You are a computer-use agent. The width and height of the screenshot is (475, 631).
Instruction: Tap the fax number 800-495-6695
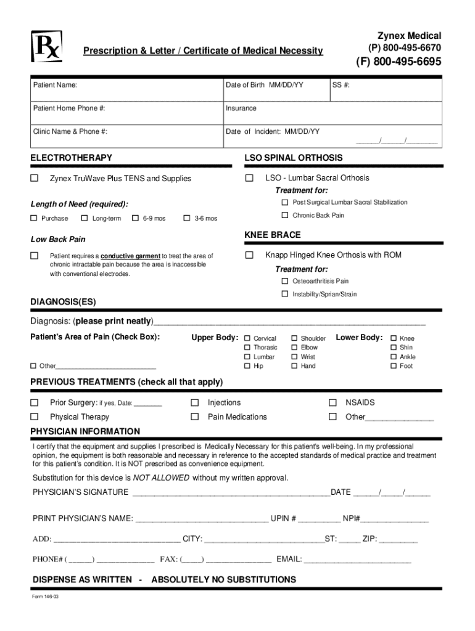pos(398,62)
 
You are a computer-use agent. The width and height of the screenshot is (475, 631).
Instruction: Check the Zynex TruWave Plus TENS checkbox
pos(35,179)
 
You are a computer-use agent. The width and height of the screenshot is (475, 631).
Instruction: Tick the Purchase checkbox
pos(35,218)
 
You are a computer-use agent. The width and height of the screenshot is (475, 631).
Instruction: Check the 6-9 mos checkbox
pos(136,218)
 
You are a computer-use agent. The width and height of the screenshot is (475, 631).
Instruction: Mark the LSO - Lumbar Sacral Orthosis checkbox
pos(249,178)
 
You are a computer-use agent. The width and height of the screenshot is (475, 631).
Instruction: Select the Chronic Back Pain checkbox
pos(285,215)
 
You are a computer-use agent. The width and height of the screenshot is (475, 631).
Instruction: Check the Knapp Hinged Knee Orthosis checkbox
pos(249,255)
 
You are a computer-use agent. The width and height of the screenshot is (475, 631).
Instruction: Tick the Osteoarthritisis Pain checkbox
pos(285,281)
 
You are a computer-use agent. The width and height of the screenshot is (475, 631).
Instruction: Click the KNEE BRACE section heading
pos(273,235)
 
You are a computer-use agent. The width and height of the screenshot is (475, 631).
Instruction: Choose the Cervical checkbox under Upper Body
pos(247,338)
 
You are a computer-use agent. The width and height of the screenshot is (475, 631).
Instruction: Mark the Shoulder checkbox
pos(294,338)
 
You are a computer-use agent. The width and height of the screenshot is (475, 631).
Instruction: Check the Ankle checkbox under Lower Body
pos(394,357)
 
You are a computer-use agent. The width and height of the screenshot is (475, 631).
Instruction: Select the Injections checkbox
pos(195,402)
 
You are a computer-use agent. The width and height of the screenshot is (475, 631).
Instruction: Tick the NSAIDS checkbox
pos(333,402)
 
